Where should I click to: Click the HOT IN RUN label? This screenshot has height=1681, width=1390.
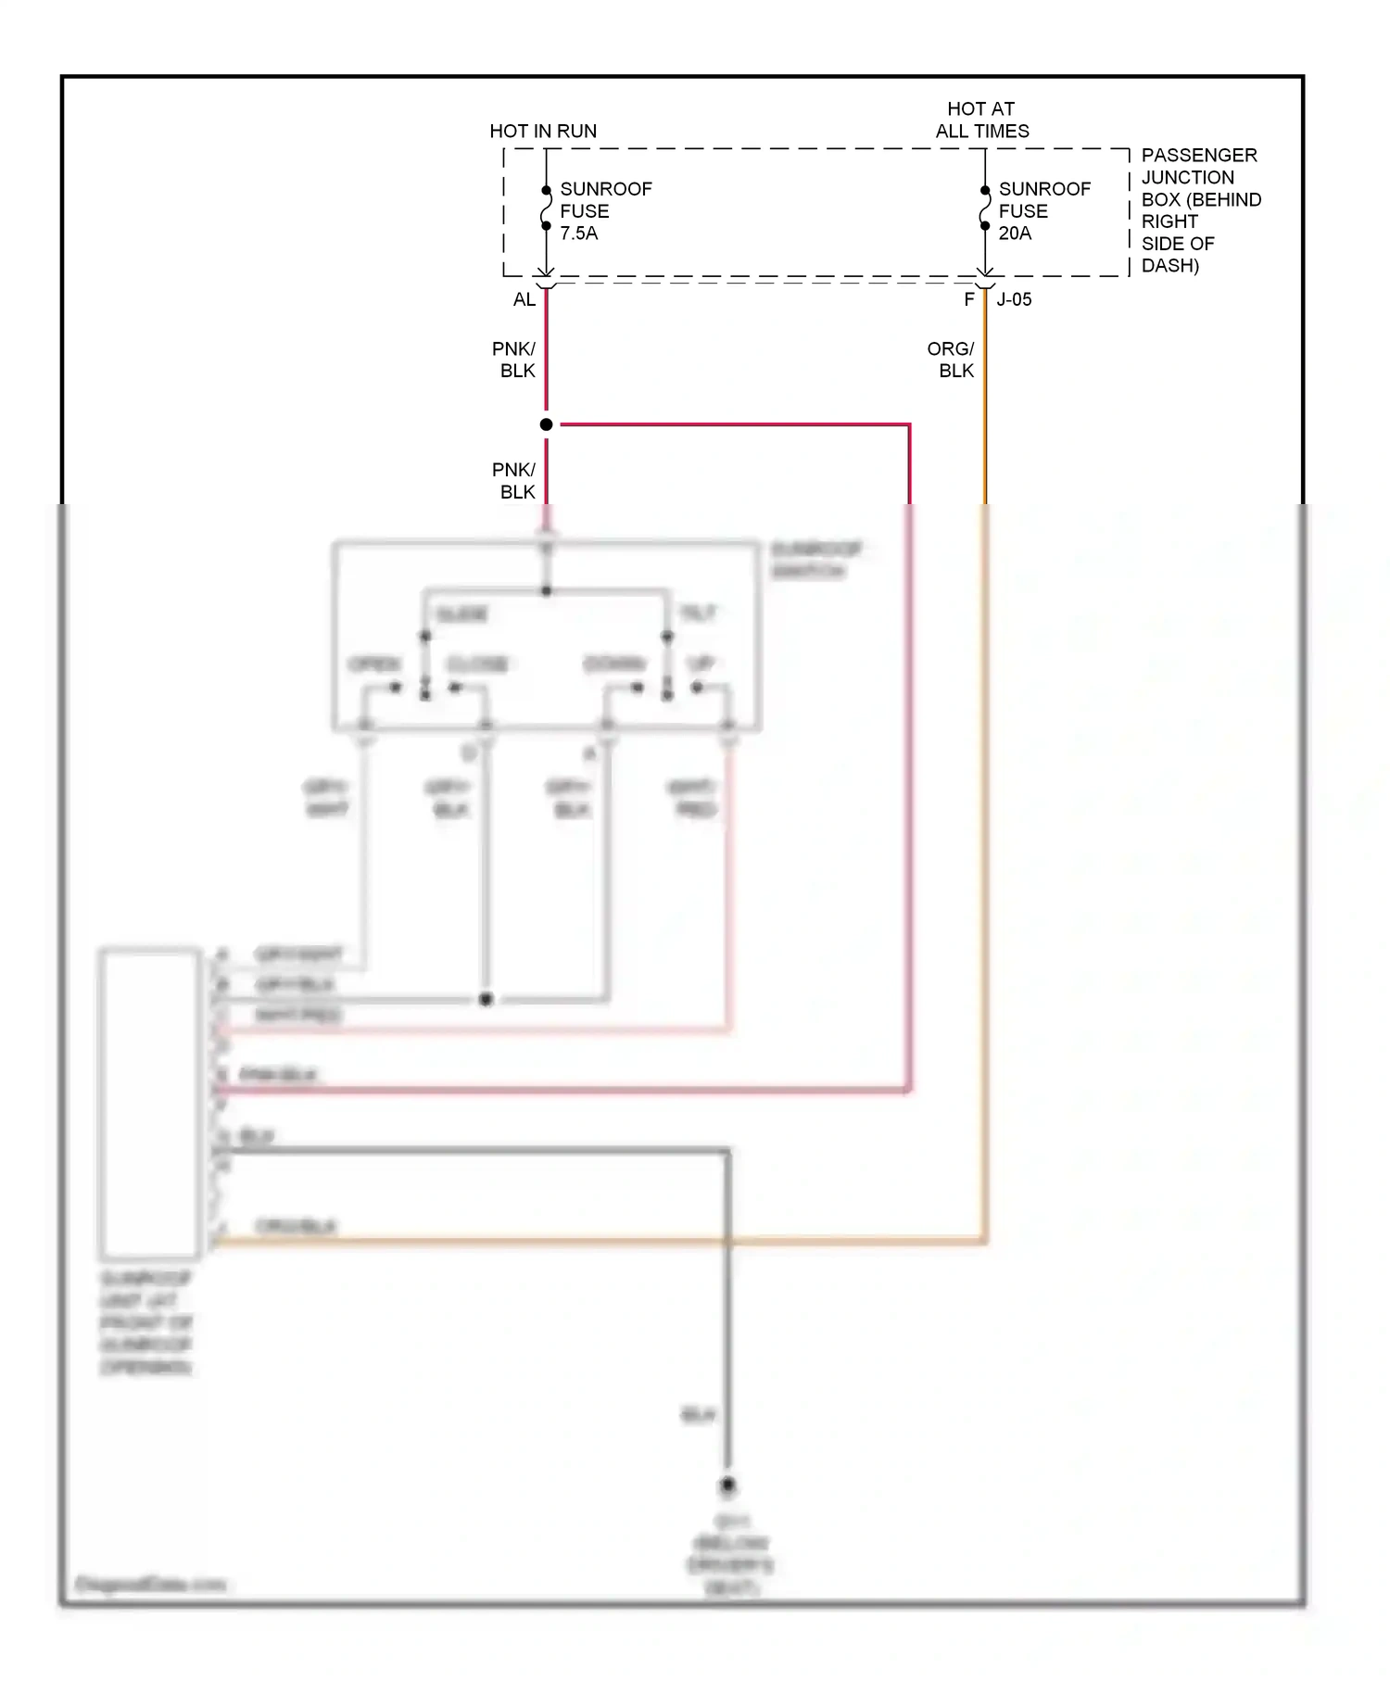tap(543, 131)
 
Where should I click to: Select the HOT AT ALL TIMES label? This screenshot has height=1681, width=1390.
tap(981, 120)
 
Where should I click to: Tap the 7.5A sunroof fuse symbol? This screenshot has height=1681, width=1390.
tap(546, 209)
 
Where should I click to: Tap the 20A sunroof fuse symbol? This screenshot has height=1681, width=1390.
tap(984, 209)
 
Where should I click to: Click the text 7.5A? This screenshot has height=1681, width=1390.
tap(578, 234)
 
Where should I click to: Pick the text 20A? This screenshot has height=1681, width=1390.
tap(1015, 234)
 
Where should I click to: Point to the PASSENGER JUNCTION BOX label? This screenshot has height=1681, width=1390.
tap(1200, 210)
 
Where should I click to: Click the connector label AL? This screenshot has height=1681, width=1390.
tap(524, 299)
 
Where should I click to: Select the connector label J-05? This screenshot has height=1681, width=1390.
tap(1014, 299)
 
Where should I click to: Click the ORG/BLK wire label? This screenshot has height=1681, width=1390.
tap(952, 360)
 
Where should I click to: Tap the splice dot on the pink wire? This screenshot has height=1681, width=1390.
tap(546, 424)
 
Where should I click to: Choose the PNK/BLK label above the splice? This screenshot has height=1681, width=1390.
tap(514, 360)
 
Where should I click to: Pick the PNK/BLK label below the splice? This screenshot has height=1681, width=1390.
tap(514, 480)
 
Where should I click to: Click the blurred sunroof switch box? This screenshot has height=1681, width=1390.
tap(547, 637)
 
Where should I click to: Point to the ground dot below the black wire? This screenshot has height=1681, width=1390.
tap(727, 1485)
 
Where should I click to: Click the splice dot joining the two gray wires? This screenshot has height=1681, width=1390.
tap(486, 1000)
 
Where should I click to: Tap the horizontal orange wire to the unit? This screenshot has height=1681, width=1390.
tap(602, 1240)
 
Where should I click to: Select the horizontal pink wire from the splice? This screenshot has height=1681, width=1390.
tap(732, 424)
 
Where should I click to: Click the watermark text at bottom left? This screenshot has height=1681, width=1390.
tap(149, 1585)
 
